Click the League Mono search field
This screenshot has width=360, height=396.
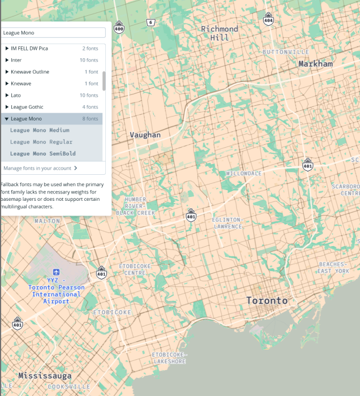point(53,33)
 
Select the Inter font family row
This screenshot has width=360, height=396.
point(51,60)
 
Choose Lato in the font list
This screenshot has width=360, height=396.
point(51,95)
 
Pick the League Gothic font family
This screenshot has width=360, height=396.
point(51,107)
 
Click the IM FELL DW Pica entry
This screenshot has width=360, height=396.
point(51,48)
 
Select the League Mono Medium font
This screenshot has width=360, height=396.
point(40,130)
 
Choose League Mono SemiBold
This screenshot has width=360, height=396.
point(42,153)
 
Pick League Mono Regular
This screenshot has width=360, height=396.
point(41,142)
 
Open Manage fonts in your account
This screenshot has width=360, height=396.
point(40,168)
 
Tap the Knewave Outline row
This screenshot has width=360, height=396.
point(51,72)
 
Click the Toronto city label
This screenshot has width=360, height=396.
point(267,300)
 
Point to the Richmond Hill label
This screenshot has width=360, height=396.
point(220,33)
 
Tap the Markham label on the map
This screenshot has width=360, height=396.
point(316,64)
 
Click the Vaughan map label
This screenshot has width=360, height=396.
point(145,135)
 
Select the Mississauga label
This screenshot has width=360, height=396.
point(45,376)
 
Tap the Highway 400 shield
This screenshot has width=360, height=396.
point(119,27)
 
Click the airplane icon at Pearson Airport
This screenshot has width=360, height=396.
point(56,273)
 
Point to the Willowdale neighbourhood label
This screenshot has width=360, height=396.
point(244,173)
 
